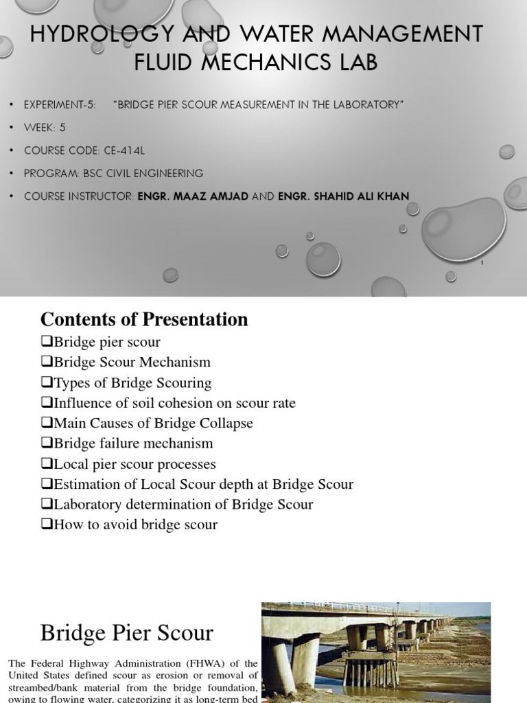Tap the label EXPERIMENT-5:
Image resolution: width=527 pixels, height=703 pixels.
59,104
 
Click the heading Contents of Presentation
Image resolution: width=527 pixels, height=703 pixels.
144,319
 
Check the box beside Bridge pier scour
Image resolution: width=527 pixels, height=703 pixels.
47,342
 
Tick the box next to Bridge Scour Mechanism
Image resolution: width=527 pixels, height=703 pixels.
47,362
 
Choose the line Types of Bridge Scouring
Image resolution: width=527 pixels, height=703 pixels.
126,382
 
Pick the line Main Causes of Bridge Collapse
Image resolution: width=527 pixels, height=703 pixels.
147,423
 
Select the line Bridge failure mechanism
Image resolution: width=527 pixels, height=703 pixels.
127,443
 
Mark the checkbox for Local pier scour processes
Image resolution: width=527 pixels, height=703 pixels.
47,464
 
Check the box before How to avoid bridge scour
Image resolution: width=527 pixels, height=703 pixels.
47,525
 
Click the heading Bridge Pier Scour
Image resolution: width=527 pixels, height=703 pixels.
127,632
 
